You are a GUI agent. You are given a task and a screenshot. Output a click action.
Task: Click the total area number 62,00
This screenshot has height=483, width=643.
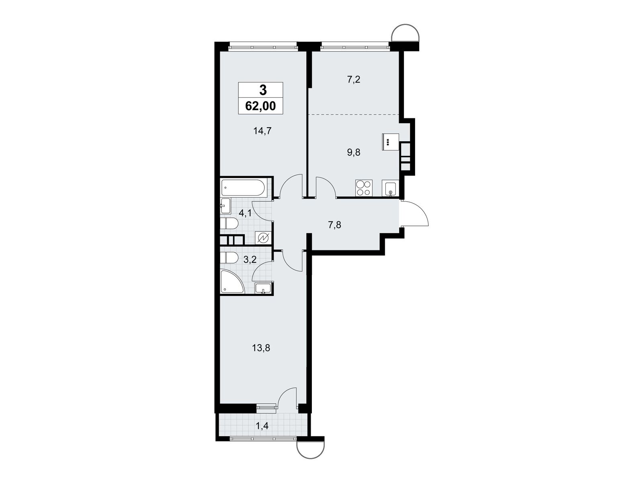coord(260,106)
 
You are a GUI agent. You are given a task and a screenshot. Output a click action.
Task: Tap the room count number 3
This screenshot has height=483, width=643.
coord(263,91)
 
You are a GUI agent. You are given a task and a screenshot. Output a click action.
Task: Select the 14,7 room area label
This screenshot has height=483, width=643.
coord(263,131)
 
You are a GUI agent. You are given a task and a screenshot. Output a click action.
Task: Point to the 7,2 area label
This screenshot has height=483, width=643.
coord(354,79)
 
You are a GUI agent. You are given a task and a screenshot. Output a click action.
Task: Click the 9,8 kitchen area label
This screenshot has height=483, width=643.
coord(354,152)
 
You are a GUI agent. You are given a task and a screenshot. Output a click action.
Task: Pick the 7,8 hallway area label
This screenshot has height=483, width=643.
coord(335,225)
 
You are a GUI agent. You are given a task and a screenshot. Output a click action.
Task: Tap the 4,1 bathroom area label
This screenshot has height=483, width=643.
coord(245,213)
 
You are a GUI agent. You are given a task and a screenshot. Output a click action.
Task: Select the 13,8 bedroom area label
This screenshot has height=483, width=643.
coord(261,348)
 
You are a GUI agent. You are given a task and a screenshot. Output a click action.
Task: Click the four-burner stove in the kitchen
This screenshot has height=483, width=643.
coord(364,188)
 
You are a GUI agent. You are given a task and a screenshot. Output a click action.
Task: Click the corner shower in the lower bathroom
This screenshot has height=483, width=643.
coord(232,282)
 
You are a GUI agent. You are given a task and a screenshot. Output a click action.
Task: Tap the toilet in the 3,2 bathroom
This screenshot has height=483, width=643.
coord(229,258)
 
